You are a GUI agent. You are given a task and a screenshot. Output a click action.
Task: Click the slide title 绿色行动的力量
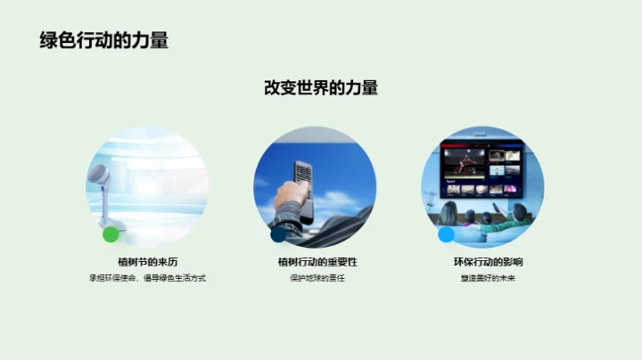104,40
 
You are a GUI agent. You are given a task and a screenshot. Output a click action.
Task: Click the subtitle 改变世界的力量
321,87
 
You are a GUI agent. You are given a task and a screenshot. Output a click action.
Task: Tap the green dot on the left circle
111,234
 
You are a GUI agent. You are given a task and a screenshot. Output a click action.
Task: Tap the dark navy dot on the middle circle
278,234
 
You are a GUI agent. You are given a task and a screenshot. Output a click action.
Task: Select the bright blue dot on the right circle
446,234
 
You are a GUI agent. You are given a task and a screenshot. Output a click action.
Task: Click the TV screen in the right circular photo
482,169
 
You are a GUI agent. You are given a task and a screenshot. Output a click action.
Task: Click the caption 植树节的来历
147,262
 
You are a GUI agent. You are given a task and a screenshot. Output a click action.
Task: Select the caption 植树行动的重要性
316,262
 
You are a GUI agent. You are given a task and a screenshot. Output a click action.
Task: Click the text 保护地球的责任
316,278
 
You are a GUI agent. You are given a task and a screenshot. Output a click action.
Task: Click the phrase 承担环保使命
111,278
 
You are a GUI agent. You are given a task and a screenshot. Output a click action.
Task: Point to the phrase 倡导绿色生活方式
175,278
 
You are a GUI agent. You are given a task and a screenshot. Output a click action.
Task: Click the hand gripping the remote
289,195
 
